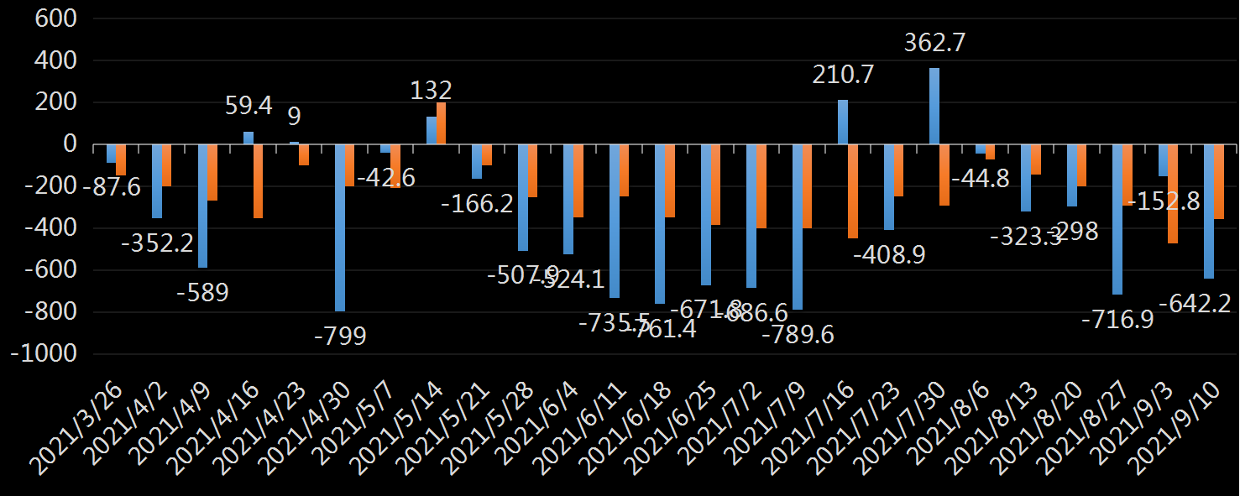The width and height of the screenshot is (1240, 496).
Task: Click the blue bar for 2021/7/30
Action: (934, 107)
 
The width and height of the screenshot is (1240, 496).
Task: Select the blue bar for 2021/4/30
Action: (340, 227)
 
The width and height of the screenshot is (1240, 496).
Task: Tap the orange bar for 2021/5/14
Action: (442, 123)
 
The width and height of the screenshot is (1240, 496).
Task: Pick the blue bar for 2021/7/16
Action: (843, 123)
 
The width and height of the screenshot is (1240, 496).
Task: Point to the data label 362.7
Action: (934, 43)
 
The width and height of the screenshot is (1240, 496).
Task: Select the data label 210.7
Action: (843, 75)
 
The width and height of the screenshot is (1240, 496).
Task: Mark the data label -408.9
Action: (890, 253)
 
